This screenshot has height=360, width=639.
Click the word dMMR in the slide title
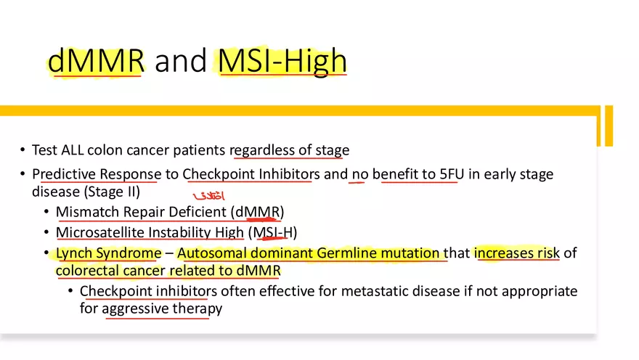(x=96, y=61)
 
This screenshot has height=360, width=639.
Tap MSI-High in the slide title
(x=282, y=61)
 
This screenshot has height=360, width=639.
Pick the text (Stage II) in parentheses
(x=112, y=192)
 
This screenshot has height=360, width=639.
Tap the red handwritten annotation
(x=208, y=196)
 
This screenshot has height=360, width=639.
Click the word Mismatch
(x=84, y=212)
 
